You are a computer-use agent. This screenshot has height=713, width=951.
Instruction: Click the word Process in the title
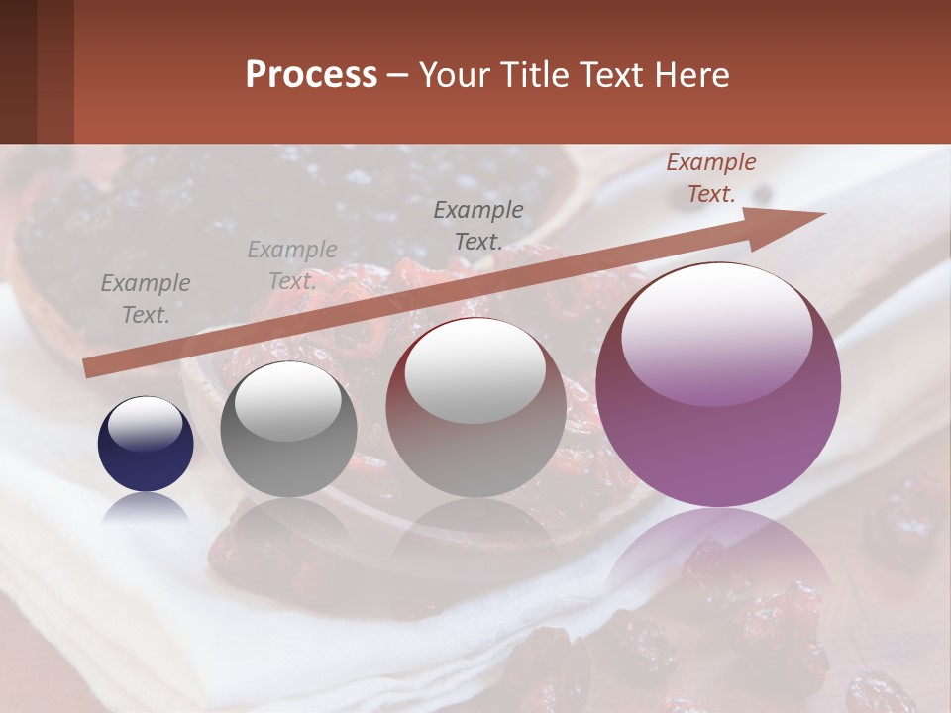311,75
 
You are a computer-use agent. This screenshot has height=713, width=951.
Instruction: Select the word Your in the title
451,75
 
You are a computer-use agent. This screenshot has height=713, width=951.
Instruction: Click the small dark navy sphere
146,456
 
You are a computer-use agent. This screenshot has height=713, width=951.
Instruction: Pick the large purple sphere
718,436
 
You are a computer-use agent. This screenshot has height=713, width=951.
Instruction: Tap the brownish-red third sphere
475,436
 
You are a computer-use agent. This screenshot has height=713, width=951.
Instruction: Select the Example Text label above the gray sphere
292,264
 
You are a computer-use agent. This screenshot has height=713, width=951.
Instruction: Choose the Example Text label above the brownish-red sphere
478,225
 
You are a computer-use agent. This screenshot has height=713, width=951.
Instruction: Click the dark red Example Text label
710,178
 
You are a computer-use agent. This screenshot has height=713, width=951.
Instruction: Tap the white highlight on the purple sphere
717,332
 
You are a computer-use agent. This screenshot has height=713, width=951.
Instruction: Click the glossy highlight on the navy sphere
146,424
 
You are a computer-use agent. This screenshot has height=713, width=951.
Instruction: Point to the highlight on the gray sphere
288,401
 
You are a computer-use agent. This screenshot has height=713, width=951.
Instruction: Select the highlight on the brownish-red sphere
475,371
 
